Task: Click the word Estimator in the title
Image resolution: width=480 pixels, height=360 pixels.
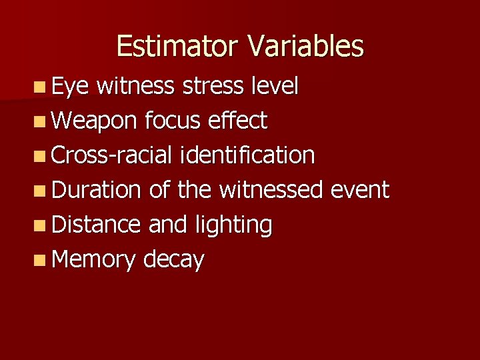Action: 176,46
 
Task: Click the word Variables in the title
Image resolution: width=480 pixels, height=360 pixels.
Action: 306,46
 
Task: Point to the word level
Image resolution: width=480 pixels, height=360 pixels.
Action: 275,86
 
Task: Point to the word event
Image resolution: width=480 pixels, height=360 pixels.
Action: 360,190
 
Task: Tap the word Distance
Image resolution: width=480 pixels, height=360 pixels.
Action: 95,225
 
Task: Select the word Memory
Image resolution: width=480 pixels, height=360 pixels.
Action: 93,260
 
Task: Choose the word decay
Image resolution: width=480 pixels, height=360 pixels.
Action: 174,260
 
